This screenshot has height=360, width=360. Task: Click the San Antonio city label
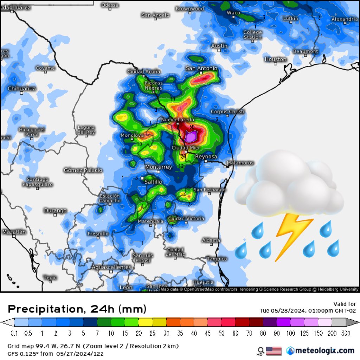(201, 68)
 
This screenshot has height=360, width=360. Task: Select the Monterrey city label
(159, 167)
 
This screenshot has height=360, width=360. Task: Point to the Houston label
(276, 59)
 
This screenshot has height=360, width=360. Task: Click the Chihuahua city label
(22, 89)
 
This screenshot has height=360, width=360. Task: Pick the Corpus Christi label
(227, 111)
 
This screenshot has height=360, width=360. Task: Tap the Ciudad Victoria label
(186, 218)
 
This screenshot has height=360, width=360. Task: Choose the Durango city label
(55, 210)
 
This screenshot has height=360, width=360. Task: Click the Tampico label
(217, 258)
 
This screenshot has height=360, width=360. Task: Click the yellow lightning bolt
(294, 236)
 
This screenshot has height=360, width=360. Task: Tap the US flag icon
(274, 351)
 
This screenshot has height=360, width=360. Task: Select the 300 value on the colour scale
(346, 333)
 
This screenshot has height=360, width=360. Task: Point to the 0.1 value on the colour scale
(14, 333)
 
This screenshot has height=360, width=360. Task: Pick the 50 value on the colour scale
(221, 333)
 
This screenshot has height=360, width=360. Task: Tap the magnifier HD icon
(261, 351)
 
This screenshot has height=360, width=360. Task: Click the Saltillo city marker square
(142, 178)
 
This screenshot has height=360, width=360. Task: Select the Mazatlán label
(14, 232)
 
